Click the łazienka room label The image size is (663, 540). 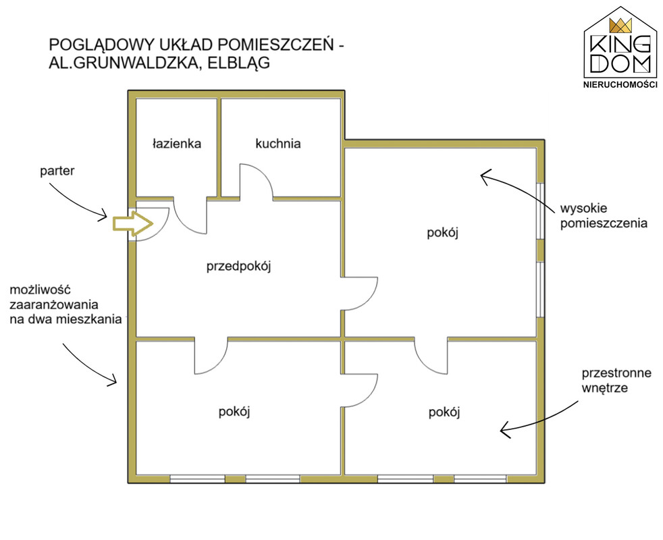[x=177, y=144]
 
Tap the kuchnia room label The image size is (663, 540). [x=277, y=143]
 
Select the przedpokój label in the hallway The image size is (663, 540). [x=238, y=267]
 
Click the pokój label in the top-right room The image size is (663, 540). [x=443, y=233]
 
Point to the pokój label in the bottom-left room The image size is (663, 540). [x=234, y=411]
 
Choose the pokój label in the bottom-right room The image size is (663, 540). [x=444, y=412]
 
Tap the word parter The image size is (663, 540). [x=57, y=171]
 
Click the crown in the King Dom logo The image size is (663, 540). [x=620, y=26]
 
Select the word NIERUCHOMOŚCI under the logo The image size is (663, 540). [x=620, y=84]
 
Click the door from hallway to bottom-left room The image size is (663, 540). [x=212, y=356]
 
